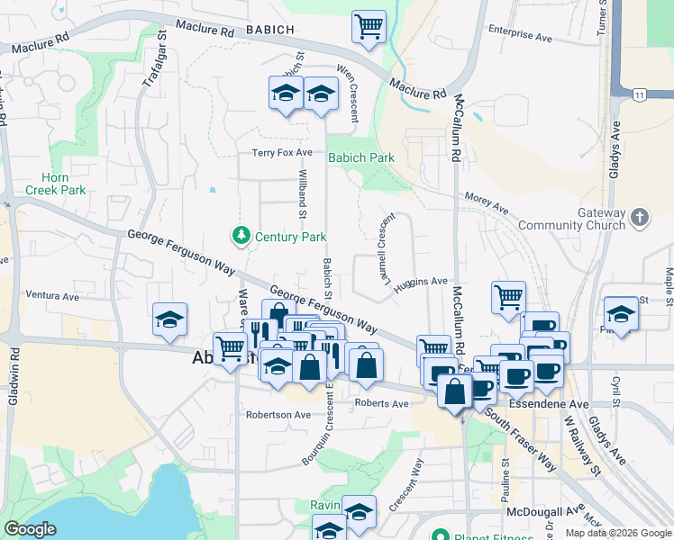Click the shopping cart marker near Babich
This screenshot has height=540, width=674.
pos(369,25)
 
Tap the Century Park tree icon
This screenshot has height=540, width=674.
pos(241,236)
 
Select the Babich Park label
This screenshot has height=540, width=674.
pos(360,157)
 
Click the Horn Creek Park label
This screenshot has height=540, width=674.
pos(55,184)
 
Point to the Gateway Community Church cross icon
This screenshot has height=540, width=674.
pos(639,217)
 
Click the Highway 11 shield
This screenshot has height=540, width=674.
pos(639,94)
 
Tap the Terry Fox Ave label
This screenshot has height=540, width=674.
pos(282,153)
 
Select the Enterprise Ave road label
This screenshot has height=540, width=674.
pos(519,35)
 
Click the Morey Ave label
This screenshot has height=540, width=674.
pos(487,203)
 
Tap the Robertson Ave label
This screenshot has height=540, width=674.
pos(278,415)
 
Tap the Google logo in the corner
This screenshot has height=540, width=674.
pos(30,529)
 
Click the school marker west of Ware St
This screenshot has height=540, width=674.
pos(169,319)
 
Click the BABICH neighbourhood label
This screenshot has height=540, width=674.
pos(269,30)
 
